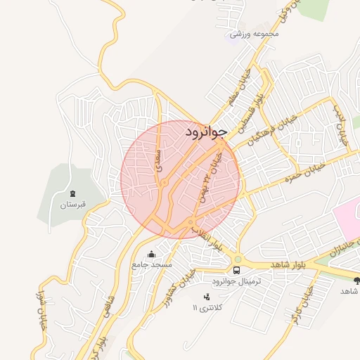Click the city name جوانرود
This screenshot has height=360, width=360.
click(206, 131)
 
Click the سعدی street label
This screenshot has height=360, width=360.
click(160, 160)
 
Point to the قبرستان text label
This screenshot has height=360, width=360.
click(72, 205)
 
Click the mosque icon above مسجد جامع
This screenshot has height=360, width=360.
click(151, 255)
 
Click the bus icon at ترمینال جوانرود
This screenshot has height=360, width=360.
click(236, 270)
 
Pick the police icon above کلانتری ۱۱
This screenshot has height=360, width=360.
click(206, 297)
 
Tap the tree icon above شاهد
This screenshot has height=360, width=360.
click(356, 280)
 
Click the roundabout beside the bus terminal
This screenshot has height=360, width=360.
click(238, 259)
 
